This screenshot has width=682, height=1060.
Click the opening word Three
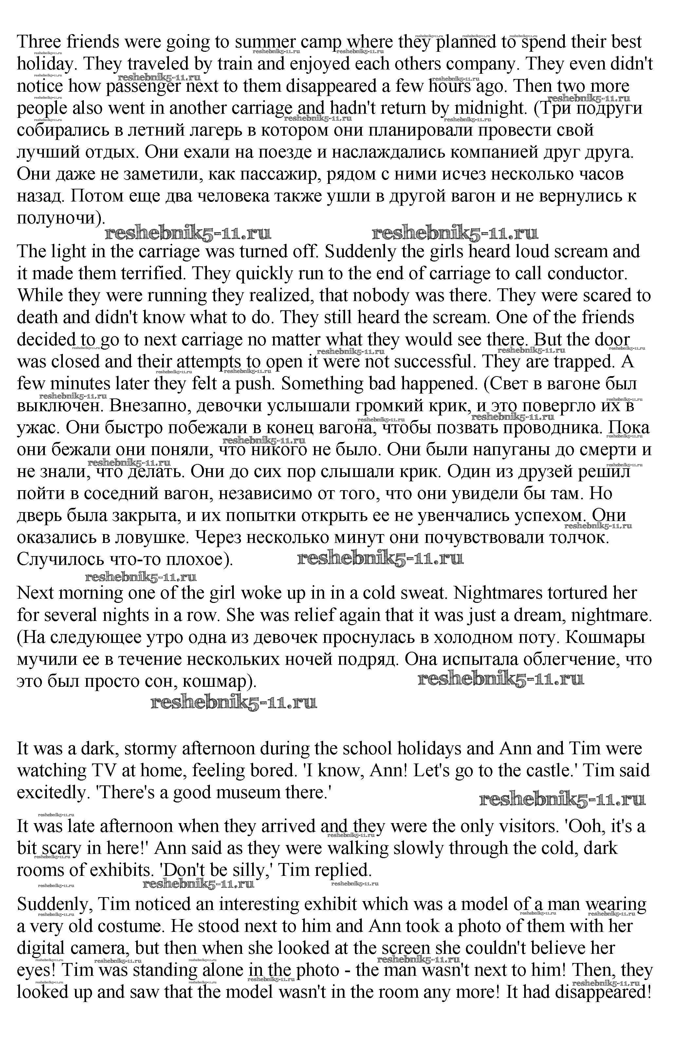tap(39, 42)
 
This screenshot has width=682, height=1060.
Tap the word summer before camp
tap(265, 42)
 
